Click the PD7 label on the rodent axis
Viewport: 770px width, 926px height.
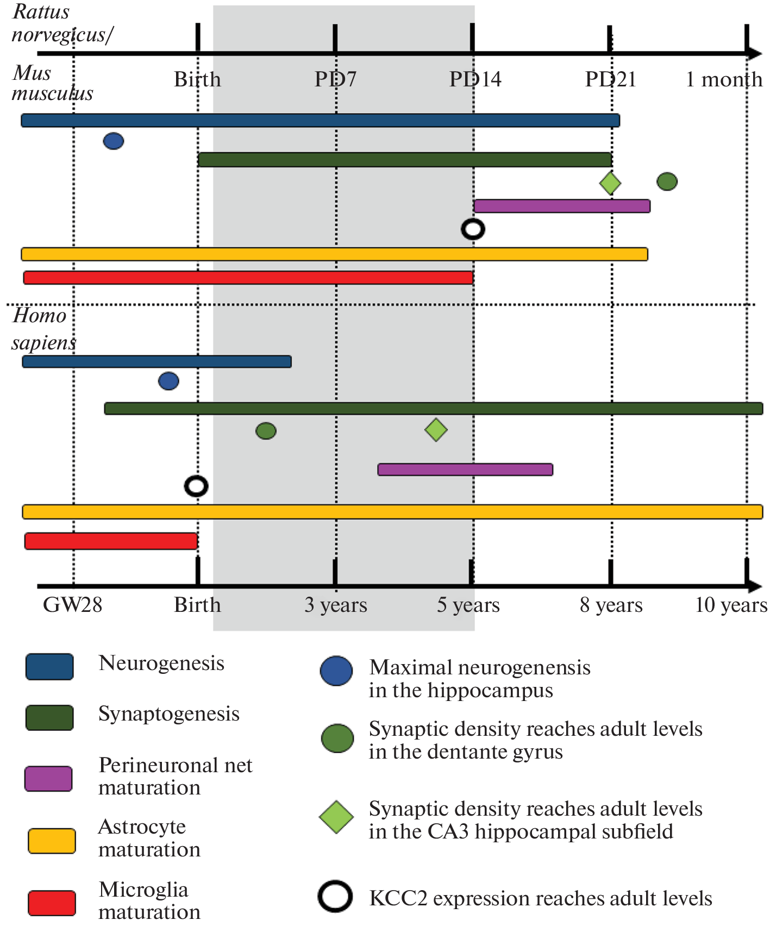(x=335, y=79)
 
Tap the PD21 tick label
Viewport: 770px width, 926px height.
(x=610, y=79)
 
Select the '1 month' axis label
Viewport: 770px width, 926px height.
(x=724, y=79)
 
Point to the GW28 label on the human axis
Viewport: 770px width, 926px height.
(x=72, y=605)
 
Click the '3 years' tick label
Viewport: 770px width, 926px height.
(x=335, y=605)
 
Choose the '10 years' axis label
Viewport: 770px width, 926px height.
(x=731, y=605)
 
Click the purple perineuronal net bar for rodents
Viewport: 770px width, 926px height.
(x=562, y=206)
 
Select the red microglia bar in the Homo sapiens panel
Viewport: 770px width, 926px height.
(x=111, y=541)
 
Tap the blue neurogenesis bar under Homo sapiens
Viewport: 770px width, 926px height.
(x=156, y=361)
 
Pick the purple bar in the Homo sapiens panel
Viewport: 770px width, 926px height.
(x=465, y=470)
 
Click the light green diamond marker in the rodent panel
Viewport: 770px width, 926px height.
(x=610, y=183)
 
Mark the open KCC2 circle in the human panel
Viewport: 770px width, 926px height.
(x=196, y=486)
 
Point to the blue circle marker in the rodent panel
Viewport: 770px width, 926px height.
(x=113, y=141)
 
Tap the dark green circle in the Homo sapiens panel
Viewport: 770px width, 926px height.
(x=266, y=431)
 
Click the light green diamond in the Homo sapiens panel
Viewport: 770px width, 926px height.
(x=436, y=430)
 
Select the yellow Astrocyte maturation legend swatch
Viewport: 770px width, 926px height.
(x=52, y=841)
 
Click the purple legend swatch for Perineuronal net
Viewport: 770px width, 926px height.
(x=48, y=778)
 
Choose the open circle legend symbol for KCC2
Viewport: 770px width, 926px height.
(x=335, y=896)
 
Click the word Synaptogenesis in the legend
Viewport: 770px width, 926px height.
(x=168, y=714)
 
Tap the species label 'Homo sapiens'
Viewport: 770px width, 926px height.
(x=42, y=329)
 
